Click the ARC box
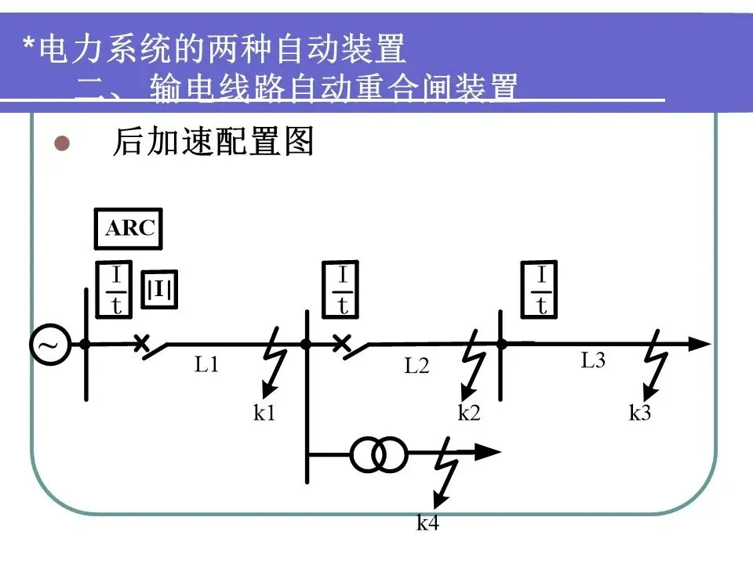click(x=131, y=229)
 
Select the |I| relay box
click(x=159, y=291)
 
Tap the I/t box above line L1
click(x=116, y=291)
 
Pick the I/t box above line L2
click(x=344, y=291)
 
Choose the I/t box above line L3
click(x=542, y=291)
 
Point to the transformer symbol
click(x=378, y=453)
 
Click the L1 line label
click(x=206, y=364)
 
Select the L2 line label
click(x=417, y=365)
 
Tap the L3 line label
click(x=593, y=361)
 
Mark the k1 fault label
click(x=264, y=413)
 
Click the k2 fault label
click(x=468, y=413)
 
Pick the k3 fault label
click(x=640, y=413)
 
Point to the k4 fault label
click(x=427, y=523)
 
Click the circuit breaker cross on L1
click(x=142, y=343)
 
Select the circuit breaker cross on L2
click(x=340, y=343)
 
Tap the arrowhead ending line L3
click(x=700, y=343)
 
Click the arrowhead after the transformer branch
click(x=489, y=452)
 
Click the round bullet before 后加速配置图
click(x=62, y=144)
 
